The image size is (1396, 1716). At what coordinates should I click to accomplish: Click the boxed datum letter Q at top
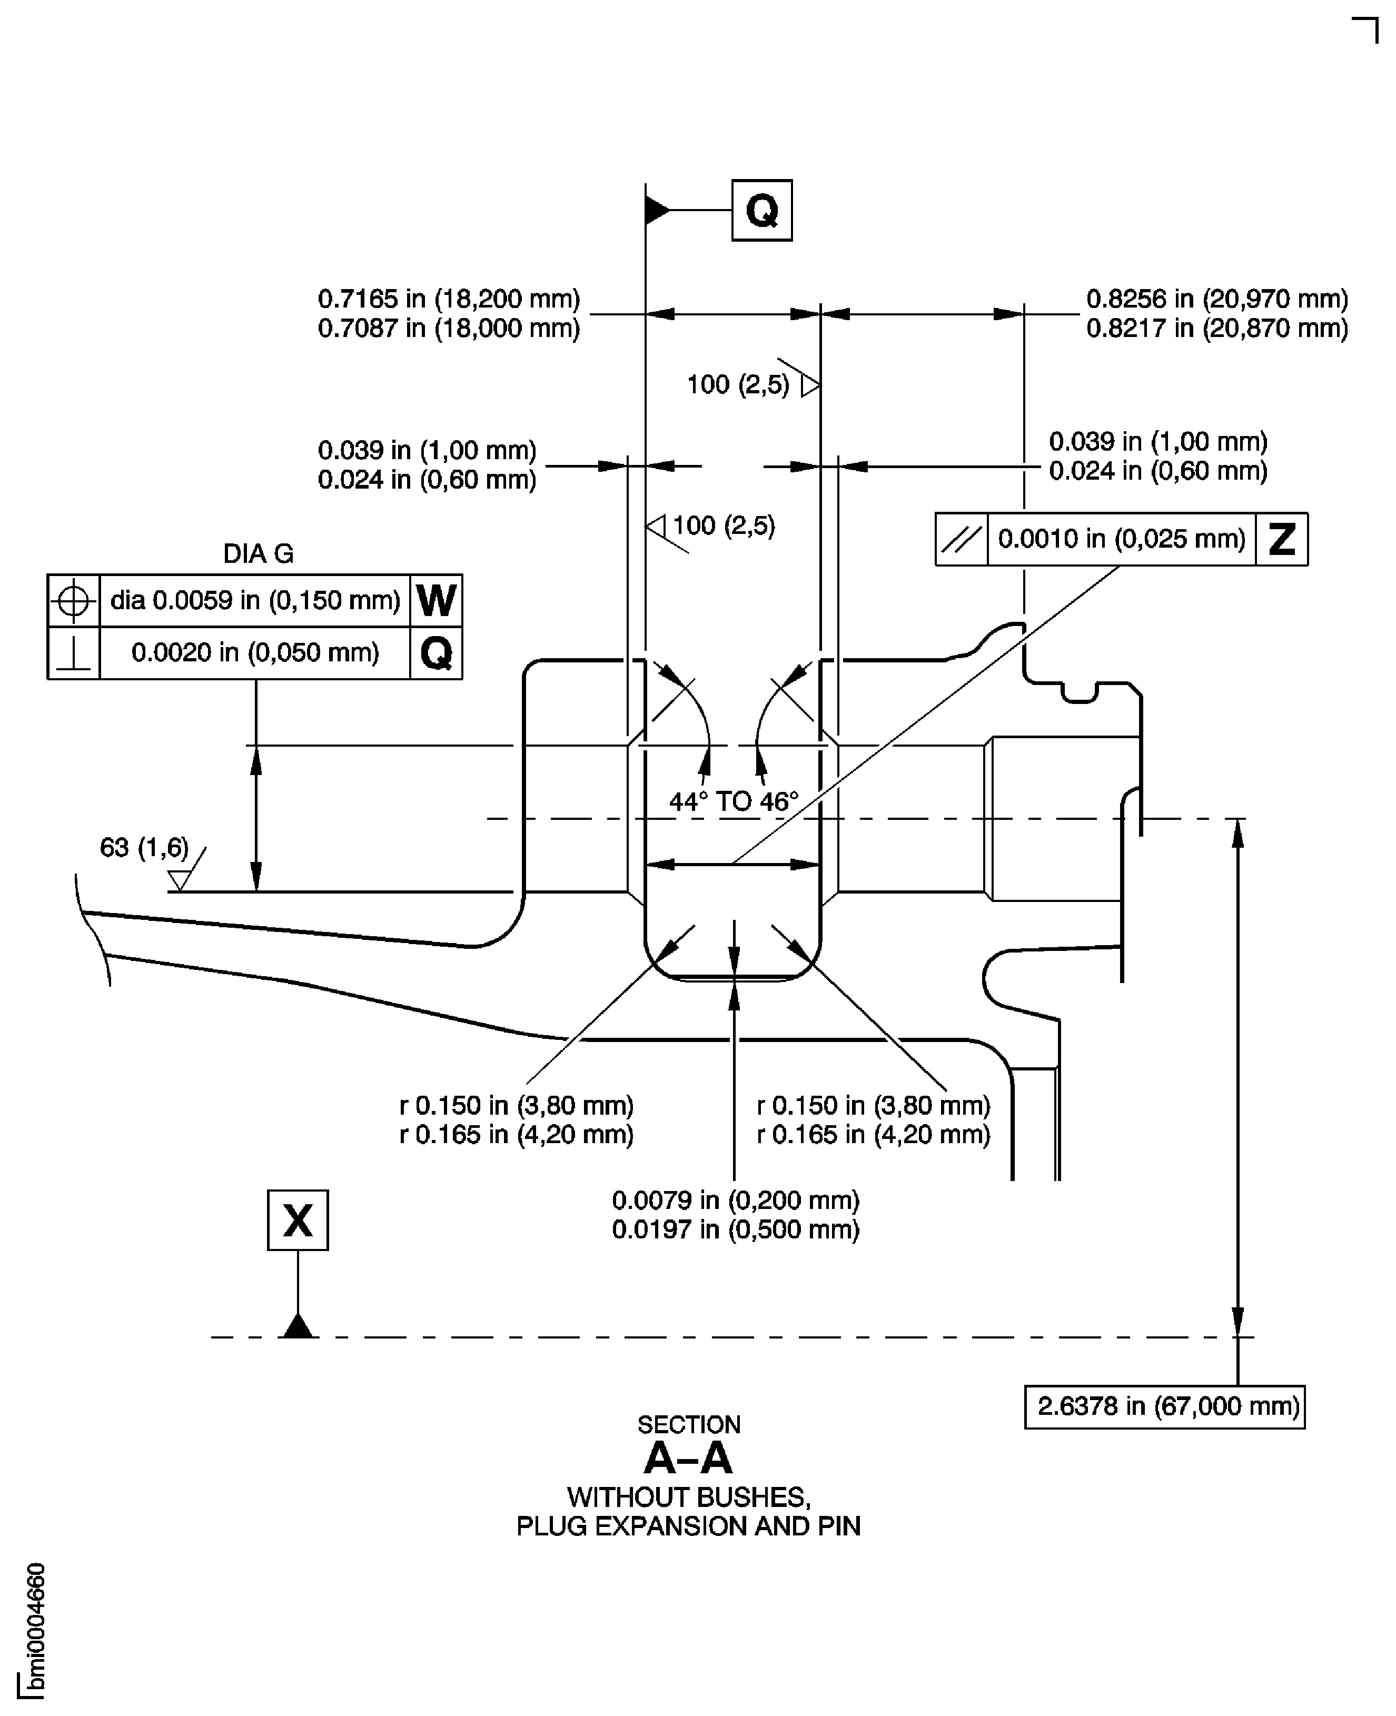point(761,211)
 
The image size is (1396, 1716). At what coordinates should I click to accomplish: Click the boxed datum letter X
point(298,1221)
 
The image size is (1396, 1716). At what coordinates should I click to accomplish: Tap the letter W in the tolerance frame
point(436,601)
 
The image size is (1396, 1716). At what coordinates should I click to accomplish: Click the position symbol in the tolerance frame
point(73,601)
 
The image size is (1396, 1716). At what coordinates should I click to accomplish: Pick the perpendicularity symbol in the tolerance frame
point(73,653)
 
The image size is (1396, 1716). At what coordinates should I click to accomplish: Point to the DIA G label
point(258,554)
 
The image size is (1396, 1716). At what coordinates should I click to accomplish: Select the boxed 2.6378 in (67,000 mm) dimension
point(1164,1406)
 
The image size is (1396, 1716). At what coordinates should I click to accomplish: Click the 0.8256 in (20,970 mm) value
point(1216,299)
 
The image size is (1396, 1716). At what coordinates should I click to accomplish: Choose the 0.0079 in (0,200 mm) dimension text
point(735,1201)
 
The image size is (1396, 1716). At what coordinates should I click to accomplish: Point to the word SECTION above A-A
point(688,1425)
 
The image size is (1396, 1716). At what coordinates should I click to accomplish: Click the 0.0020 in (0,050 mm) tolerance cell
point(255,653)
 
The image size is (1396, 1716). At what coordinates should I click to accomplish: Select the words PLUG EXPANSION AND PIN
point(688,1527)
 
